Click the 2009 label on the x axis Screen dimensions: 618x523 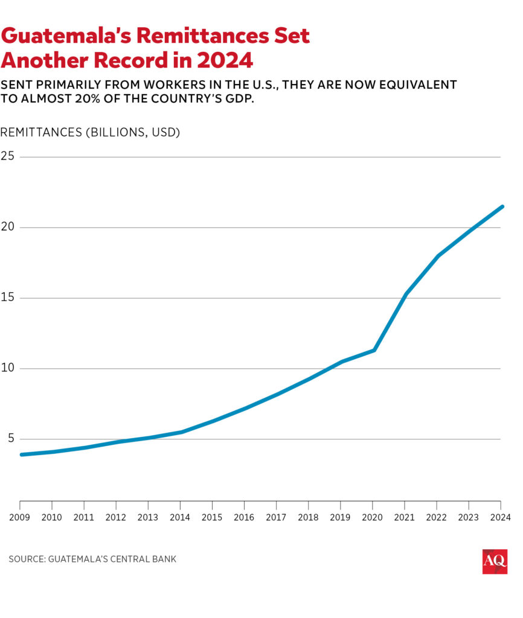pos(20,517)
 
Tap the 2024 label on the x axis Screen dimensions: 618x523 pos(501,517)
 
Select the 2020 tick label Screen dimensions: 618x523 pos(373,517)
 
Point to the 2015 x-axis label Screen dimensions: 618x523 pos(212,517)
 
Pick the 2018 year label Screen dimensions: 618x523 pos(308,517)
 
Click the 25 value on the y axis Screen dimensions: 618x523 pos(8,156)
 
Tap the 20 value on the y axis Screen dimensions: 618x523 pos(8,227)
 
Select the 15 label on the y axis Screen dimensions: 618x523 pos(8,298)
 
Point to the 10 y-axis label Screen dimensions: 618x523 pos(8,368)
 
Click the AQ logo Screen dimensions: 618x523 pos(495,561)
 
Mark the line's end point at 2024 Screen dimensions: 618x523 pos(501,206)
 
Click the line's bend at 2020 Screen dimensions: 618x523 pos(374,350)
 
